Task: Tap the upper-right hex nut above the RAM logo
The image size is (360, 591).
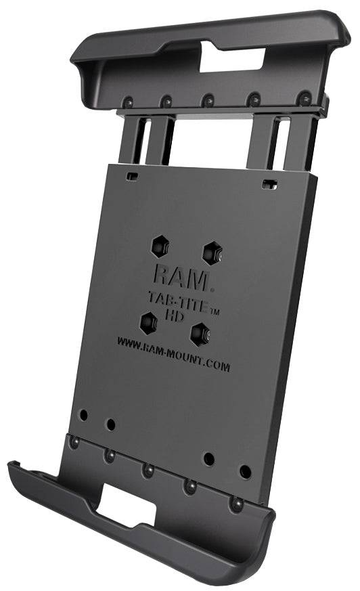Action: point(210,253)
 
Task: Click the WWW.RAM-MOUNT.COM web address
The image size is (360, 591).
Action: point(173,355)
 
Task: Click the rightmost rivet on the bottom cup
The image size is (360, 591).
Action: point(235,504)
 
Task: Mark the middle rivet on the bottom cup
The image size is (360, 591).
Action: point(148,469)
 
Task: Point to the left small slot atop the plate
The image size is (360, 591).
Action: point(132,176)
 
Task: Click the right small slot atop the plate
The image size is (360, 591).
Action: point(269,183)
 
